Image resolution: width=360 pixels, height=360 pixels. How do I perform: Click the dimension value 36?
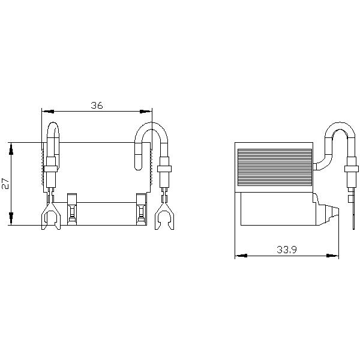coord(97,105)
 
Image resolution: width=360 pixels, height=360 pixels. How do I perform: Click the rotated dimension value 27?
coord(5,184)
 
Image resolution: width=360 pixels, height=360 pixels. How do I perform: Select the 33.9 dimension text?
coord(286,249)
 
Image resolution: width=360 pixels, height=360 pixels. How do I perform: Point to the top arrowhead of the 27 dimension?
coord(11,146)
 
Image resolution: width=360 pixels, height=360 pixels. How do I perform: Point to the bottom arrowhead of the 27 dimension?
coord(11,221)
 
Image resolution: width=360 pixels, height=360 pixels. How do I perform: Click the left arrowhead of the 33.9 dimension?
coord(239,256)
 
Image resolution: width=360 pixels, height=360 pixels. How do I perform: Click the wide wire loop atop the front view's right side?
coord(149,135)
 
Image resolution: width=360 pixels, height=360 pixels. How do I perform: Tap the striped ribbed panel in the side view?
coord(274,169)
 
